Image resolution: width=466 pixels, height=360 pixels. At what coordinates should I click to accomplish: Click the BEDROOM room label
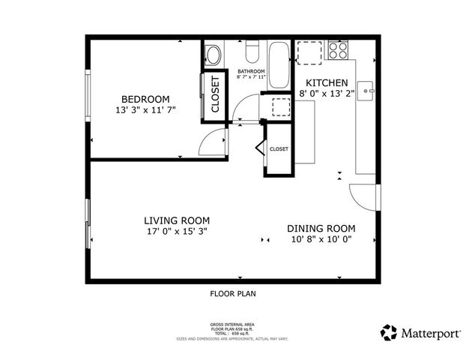click(146, 99)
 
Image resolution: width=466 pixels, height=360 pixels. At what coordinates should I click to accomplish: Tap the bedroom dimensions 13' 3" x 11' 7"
click(146, 110)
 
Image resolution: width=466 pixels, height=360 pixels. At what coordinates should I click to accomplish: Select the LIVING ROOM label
click(177, 220)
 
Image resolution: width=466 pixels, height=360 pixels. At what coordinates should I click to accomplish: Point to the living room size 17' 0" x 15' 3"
click(177, 232)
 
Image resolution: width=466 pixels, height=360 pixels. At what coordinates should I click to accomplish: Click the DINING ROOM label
click(321, 228)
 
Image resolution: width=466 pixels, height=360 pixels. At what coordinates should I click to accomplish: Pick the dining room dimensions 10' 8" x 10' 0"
click(321, 239)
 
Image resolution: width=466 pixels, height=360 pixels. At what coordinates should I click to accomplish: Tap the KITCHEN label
click(326, 82)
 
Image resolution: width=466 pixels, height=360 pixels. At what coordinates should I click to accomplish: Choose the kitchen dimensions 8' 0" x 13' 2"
click(326, 94)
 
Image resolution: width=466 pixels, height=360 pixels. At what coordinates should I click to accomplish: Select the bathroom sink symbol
click(214, 55)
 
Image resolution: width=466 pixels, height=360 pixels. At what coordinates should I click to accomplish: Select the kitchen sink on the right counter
click(366, 92)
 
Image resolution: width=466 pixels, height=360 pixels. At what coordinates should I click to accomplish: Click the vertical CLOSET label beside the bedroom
click(214, 95)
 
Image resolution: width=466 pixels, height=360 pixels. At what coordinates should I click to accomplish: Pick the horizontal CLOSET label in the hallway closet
click(279, 149)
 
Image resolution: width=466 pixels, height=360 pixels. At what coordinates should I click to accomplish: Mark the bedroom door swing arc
click(216, 140)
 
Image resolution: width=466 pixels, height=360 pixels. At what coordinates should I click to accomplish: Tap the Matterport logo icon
click(389, 332)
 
